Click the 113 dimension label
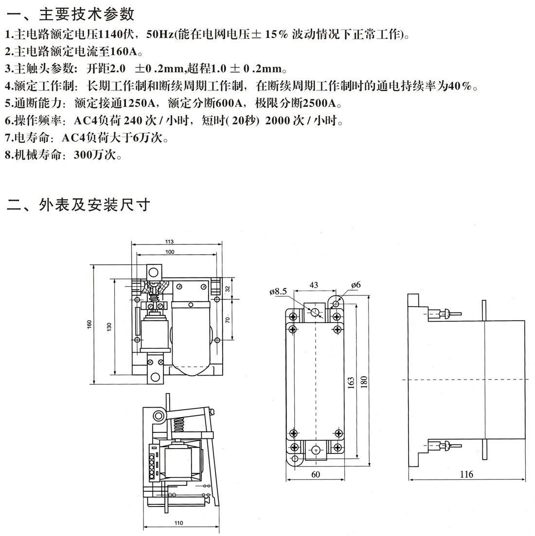click(169, 242)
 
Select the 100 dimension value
click(170, 252)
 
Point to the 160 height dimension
click(89, 324)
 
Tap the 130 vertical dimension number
click(109, 327)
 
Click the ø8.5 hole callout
click(278, 292)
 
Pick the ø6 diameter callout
click(356, 285)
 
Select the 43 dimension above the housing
click(313, 285)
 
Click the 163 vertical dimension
click(351, 383)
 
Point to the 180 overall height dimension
click(364, 381)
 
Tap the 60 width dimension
click(315, 474)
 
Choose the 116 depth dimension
click(466, 474)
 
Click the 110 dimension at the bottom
click(178, 523)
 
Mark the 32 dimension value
click(228, 289)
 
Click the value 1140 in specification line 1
click(110, 34)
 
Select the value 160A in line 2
click(124, 52)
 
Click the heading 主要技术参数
click(87, 15)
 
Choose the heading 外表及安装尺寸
click(94, 205)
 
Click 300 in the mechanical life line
click(83, 155)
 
